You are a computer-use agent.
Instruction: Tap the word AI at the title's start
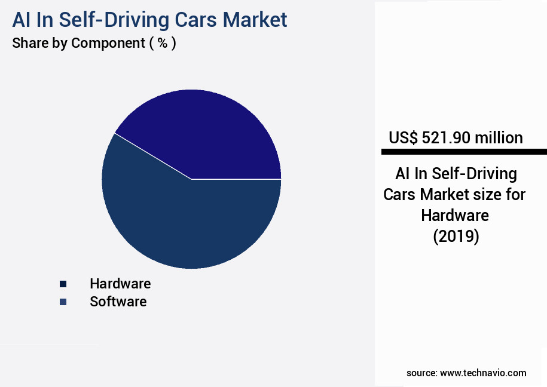[x=22, y=20]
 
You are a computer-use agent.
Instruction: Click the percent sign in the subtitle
[x=162, y=43]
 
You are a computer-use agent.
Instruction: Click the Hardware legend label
[x=120, y=283]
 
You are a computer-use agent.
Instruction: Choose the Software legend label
[x=118, y=302]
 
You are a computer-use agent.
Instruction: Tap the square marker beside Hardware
[x=63, y=284]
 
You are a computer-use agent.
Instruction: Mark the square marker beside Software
[x=63, y=302]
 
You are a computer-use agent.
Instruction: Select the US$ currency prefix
[x=404, y=138]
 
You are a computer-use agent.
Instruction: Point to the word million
[x=499, y=138]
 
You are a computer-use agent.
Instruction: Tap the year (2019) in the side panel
[x=456, y=236]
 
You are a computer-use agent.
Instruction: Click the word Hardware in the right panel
[x=455, y=215]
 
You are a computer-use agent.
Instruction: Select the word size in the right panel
[x=499, y=195]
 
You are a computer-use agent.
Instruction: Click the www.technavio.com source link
[x=483, y=373]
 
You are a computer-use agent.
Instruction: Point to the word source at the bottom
[x=421, y=373]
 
